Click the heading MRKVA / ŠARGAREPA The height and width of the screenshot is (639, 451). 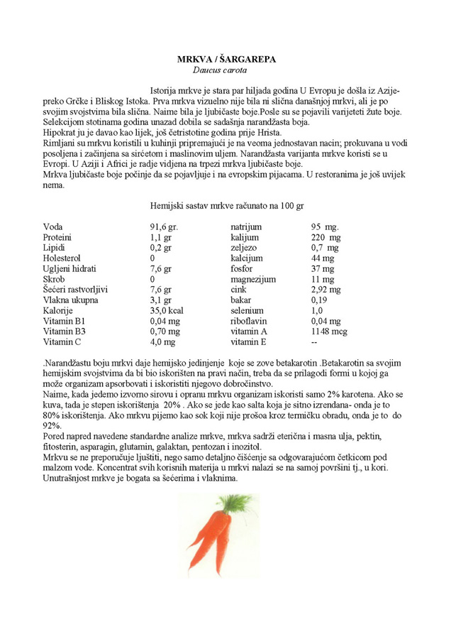(226, 60)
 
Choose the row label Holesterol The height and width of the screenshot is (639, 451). (62, 258)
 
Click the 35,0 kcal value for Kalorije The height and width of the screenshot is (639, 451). (167, 311)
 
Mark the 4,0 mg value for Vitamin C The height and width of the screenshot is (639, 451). (162, 342)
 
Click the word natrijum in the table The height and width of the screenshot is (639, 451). (248, 226)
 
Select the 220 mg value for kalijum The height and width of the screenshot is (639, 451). (325, 237)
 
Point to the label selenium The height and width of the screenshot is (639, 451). (247, 311)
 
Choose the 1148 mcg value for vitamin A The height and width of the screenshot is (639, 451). (329, 332)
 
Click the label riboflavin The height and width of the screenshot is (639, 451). (249, 321)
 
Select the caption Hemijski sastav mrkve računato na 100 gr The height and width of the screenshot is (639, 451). (227, 205)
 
